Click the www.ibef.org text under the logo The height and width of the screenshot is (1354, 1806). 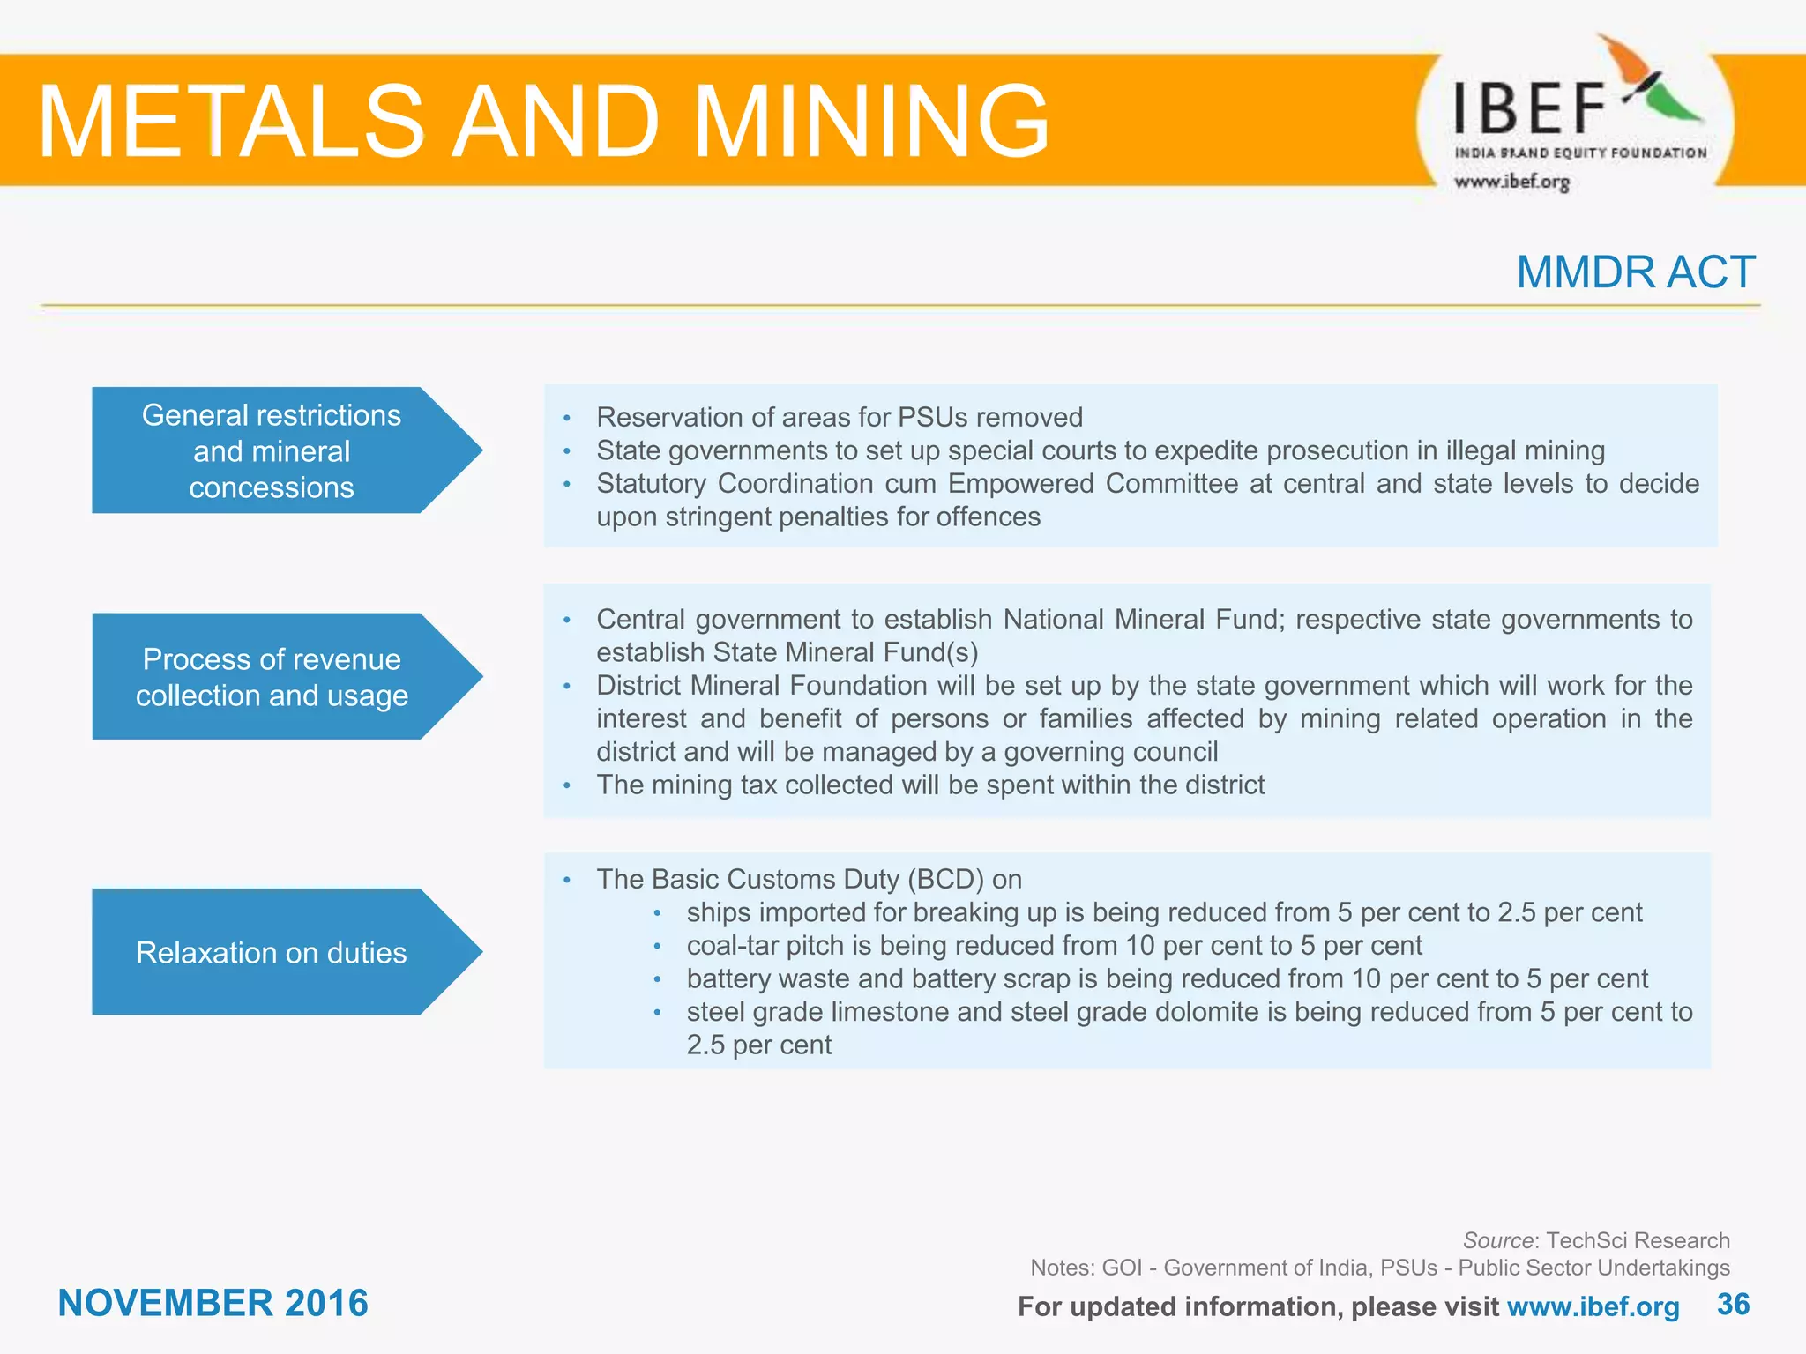(x=1511, y=182)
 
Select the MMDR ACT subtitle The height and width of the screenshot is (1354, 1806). (x=1635, y=272)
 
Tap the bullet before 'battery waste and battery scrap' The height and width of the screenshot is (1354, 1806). (x=657, y=979)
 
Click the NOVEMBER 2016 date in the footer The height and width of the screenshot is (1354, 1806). (x=213, y=1303)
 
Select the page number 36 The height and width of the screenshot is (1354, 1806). (x=1733, y=1304)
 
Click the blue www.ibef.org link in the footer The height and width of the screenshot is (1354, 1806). (x=1593, y=1306)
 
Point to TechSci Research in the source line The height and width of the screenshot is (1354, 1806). (x=1638, y=1240)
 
